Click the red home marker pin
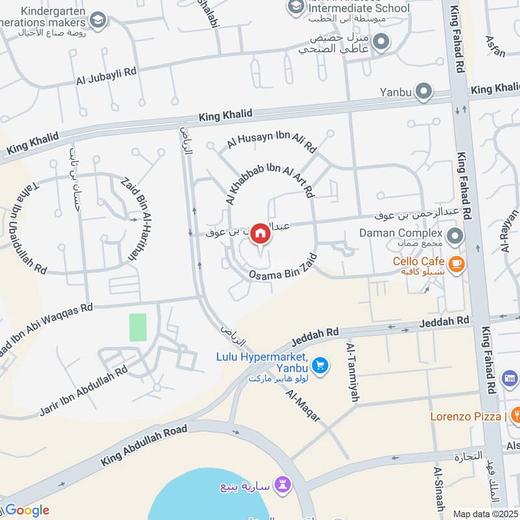coord(261,234)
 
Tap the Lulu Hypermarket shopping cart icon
coord(319,367)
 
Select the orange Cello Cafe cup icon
coord(457,263)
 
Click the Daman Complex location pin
coord(454,234)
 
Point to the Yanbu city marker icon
coord(424,92)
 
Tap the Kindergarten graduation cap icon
coord(98,20)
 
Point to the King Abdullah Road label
coord(144,446)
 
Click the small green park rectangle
coord(138,327)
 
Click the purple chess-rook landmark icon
coord(283,484)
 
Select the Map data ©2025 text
coord(485,514)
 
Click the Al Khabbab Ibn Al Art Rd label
coord(269,176)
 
